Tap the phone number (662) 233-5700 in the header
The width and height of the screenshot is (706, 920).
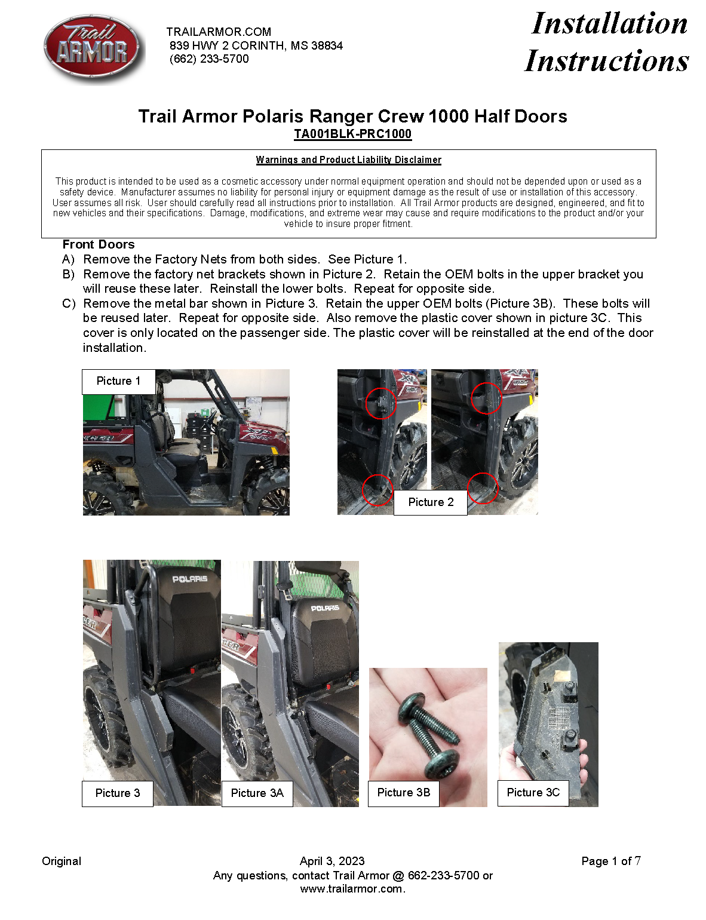209,59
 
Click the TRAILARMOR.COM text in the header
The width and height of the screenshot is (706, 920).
219,32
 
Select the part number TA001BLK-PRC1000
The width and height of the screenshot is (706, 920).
352,134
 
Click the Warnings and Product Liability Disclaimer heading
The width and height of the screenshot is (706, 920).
348,160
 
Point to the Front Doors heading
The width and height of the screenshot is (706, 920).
99,244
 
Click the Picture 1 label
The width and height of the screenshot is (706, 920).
118,381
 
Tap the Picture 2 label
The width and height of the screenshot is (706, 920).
431,502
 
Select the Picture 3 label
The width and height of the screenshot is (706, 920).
118,793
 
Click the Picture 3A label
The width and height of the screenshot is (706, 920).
257,793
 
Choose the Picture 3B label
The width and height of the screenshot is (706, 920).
403,793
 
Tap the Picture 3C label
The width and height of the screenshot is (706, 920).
533,793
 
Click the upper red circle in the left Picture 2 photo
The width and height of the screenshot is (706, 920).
380,403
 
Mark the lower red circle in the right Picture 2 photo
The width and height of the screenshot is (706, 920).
483,488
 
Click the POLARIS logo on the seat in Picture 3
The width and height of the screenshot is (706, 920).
190,579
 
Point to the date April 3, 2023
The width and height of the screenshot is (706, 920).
332,861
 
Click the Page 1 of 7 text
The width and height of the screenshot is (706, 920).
610,861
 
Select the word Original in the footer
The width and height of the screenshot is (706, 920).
62,861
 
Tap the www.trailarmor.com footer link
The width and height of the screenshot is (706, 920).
352,889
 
